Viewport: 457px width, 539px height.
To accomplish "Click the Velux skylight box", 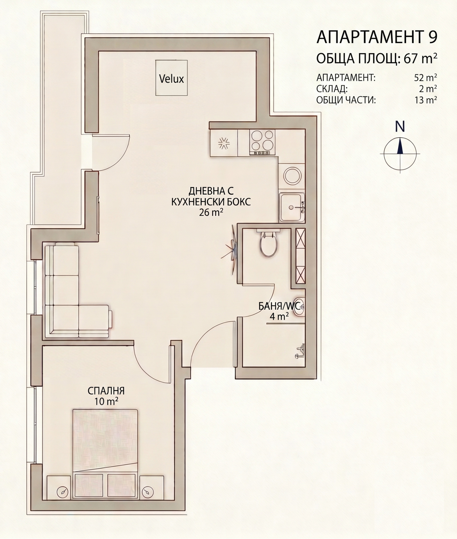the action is [172, 78].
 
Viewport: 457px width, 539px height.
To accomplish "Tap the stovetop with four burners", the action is [262, 143].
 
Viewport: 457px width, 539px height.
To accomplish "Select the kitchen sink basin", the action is [292, 207].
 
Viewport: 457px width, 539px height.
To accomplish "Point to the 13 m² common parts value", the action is [426, 100].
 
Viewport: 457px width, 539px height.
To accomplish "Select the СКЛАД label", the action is [332, 89].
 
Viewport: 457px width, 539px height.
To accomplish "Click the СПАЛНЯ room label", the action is [106, 390].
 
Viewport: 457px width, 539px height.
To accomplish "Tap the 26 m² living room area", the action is [211, 213].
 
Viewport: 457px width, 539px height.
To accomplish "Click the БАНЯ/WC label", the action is [279, 306].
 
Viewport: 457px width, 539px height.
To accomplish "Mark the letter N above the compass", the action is [400, 126].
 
